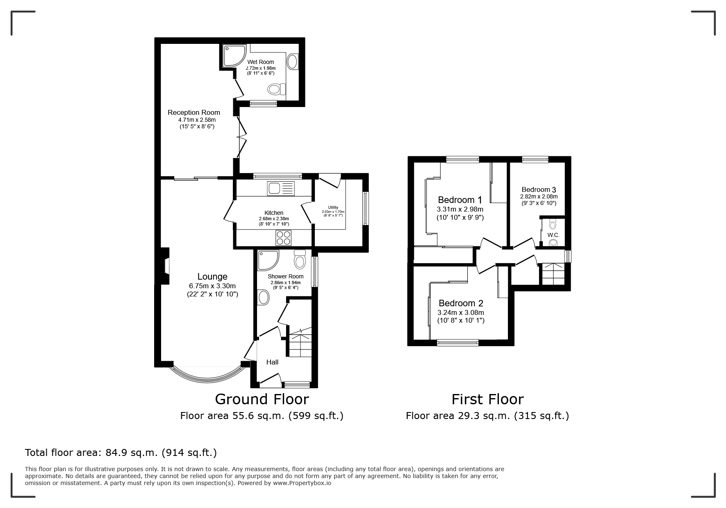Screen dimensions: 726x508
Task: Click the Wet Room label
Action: [x=260, y=62]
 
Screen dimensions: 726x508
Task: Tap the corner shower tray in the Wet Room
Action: [x=234, y=56]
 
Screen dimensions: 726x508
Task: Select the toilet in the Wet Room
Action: [x=274, y=89]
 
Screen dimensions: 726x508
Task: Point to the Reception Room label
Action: [x=194, y=112]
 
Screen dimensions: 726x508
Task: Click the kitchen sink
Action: [x=281, y=188]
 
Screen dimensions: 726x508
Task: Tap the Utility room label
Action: [x=333, y=207]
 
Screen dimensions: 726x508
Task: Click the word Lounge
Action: [x=212, y=277]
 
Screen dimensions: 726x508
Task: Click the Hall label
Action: [x=272, y=362]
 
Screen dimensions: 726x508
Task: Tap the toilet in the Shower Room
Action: [x=300, y=259]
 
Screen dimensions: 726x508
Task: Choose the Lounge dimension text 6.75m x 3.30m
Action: [x=212, y=286]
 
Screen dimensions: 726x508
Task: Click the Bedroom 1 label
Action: [x=460, y=200]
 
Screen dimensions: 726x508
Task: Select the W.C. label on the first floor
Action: [x=553, y=235]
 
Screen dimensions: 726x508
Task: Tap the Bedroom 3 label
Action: [x=539, y=189]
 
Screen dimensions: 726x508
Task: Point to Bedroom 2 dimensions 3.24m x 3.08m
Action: [x=461, y=312]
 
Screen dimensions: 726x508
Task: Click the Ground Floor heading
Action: [x=262, y=399]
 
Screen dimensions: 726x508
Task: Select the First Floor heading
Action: [x=487, y=399]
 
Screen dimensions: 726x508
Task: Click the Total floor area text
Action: [x=121, y=453]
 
